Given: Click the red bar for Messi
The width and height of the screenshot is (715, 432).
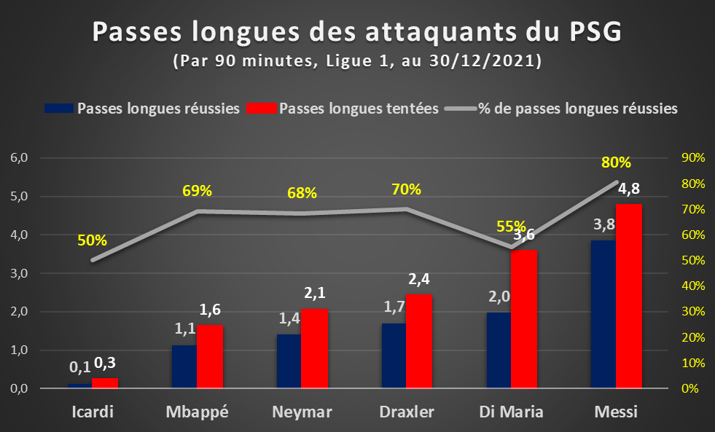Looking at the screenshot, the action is pyautogui.click(x=629, y=296).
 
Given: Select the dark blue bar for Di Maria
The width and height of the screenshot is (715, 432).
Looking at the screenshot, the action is pyautogui.click(x=499, y=350).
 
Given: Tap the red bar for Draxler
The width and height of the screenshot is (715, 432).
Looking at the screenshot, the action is pyautogui.click(x=419, y=342).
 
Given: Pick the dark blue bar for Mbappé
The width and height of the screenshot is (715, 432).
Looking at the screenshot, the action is pyautogui.click(x=184, y=367).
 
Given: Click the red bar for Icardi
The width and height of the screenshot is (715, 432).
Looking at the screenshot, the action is pyautogui.click(x=105, y=383).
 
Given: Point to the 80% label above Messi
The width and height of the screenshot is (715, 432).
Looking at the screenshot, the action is pyautogui.click(x=616, y=162).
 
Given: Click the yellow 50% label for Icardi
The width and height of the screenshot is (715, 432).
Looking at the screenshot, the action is pyautogui.click(x=92, y=240).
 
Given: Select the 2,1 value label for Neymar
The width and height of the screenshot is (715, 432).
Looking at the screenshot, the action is pyautogui.click(x=315, y=293).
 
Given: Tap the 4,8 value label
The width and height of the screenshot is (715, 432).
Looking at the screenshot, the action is pyautogui.click(x=629, y=188).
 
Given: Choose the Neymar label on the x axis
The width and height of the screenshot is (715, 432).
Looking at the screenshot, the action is pyautogui.click(x=302, y=412).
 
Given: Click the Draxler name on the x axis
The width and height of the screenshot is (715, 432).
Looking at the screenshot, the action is pyautogui.click(x=407, y=412).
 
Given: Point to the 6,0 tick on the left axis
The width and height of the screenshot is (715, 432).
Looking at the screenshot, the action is pyautogui.click(x=19, y=157).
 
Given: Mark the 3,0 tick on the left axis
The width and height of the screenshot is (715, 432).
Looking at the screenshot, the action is pyautogui.click(x=19, y=273).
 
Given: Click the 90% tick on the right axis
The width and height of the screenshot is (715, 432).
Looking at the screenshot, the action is pyautogui.click(x=693, y=157).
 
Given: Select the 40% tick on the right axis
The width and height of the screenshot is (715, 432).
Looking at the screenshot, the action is pyautogui.click(x=693, y=286).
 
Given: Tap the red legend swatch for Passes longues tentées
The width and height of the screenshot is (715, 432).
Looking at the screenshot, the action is pyautogui.click(x=261, y=109).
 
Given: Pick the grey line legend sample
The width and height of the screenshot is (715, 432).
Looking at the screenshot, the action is pyautogui.click(x=461, y=109).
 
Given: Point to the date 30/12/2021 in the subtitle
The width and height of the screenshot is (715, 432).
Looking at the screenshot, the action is pyautogui.click(x=482, y=60).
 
